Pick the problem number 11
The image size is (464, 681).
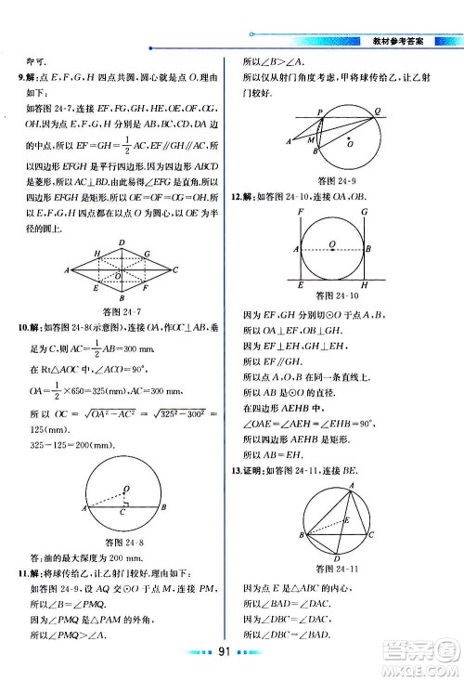pos(23,573)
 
